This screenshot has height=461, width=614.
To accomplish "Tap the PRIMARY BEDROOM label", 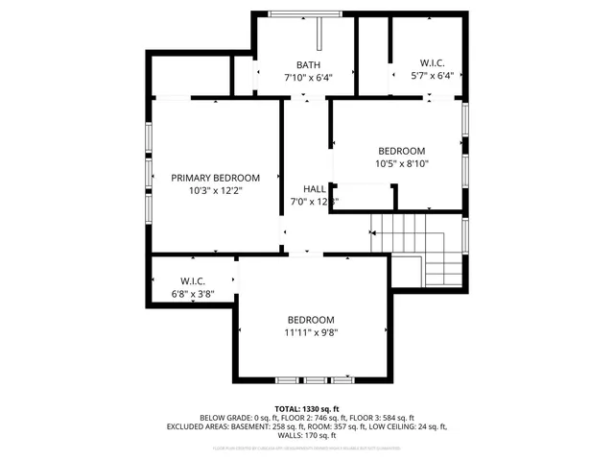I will [215, 178].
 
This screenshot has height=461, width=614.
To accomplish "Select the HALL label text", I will [315, 189].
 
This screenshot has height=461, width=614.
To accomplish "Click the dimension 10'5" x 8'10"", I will [402, 163].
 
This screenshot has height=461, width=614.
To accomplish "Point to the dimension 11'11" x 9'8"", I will [311, 332].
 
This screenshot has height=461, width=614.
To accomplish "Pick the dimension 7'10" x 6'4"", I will [307, 77].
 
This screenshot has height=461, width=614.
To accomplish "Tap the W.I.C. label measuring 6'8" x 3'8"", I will [194, 281].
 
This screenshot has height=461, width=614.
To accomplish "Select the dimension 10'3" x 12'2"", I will [215, 190].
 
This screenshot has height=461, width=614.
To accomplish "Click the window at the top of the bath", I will [305, 13].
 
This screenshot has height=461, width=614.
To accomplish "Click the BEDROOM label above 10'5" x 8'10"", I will [402, 151].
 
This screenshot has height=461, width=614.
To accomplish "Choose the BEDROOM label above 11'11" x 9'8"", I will [311, 320].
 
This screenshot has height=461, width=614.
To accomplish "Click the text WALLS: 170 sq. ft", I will [307, 435].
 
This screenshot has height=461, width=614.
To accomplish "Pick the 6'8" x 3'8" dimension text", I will [194, 294].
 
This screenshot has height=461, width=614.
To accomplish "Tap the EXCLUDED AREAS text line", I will [307, 426].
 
